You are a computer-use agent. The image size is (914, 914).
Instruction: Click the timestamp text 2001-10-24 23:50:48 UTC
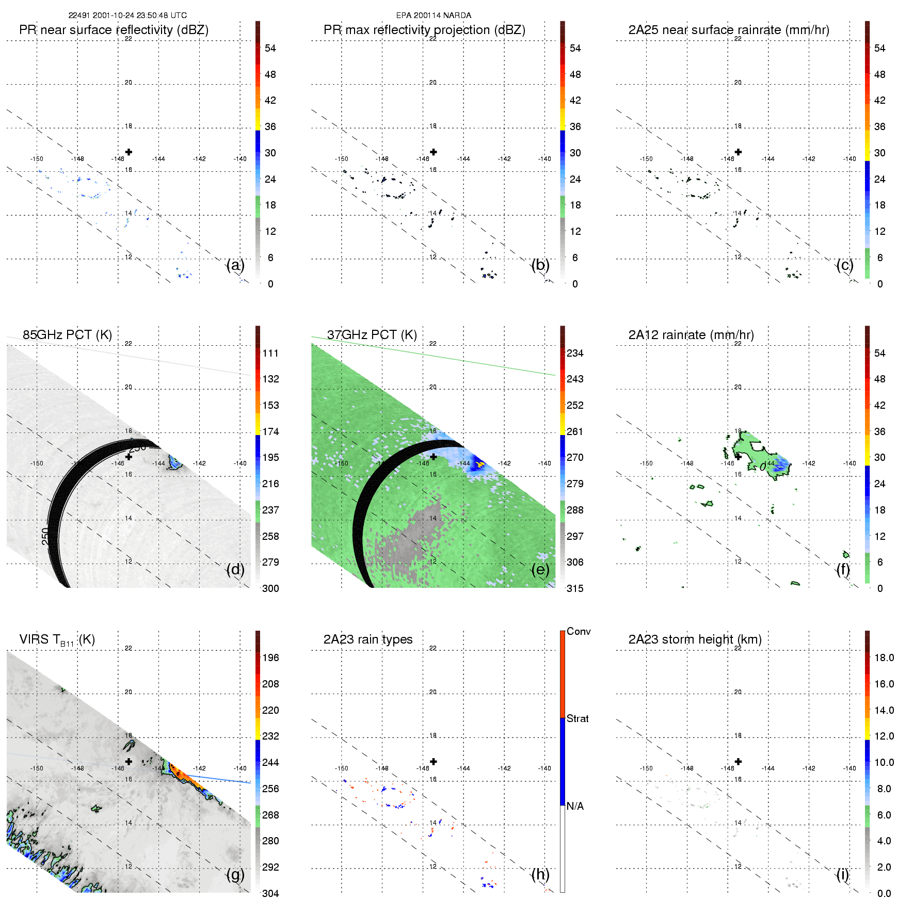139,15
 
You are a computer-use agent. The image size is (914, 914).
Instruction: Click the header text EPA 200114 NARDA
434,15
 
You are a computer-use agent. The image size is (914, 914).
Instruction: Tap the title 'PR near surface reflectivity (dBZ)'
114,30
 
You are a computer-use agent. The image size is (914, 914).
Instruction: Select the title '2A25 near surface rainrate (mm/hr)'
729,30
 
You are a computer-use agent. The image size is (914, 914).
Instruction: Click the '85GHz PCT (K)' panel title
67,335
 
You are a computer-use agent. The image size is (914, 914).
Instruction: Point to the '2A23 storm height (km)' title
695,639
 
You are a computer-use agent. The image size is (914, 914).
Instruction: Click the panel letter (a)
235,265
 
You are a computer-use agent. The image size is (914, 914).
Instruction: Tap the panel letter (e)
540,570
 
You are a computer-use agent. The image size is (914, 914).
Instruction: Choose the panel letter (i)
842,874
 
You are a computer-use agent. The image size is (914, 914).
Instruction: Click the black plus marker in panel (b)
434,152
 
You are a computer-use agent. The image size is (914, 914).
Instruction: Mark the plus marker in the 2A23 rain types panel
434,761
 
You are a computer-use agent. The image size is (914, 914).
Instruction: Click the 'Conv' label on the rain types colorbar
579,631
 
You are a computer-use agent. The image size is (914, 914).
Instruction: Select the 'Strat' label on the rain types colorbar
578,718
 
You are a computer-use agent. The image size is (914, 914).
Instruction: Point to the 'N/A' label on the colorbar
575,806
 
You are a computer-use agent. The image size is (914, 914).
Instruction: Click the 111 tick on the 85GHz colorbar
270,353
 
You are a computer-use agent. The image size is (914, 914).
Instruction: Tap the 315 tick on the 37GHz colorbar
575,588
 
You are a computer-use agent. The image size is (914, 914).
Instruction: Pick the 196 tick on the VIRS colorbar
270,658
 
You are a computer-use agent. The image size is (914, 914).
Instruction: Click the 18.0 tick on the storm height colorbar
884,658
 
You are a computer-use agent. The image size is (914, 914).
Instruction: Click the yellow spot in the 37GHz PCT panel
480,464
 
